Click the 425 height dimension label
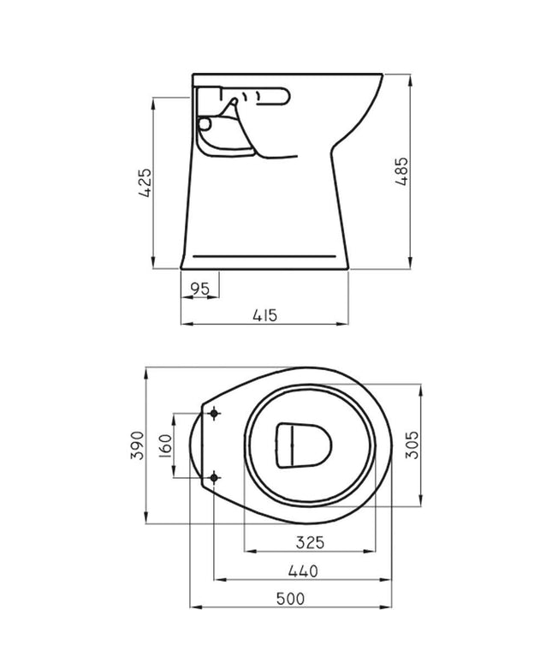145,183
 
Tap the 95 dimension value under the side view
199,289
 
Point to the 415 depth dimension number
265,315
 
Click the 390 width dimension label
134,446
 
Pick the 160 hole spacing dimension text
164,445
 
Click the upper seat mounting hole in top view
212,415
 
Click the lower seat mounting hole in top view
212,476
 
